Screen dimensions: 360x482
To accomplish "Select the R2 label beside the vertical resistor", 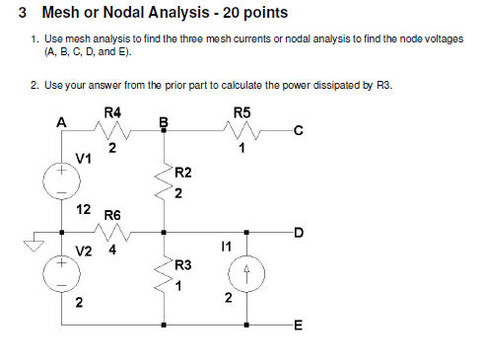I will coord(182,173).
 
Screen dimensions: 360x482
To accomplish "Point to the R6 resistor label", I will coord(112,214).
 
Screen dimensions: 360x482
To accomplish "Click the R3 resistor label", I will coord(182,265).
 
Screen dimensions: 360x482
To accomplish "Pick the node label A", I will coord(61,122).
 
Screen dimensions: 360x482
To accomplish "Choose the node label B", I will coord(165,122).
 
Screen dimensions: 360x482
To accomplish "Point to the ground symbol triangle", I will coord(34,245).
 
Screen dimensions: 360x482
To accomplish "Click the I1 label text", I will coord(227,251).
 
